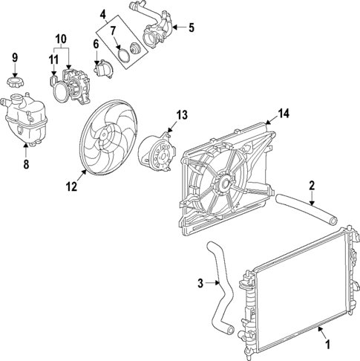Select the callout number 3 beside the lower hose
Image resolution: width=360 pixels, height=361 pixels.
click(200, 282)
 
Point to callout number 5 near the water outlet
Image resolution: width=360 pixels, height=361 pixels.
click(190, 28)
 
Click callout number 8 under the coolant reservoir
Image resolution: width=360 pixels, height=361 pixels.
click(25, 164)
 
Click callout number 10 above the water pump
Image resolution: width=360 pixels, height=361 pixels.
click(61, 37)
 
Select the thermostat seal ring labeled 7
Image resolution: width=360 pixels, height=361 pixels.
click(120, 56)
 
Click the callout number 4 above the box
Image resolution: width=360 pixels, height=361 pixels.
click(103, 13)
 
